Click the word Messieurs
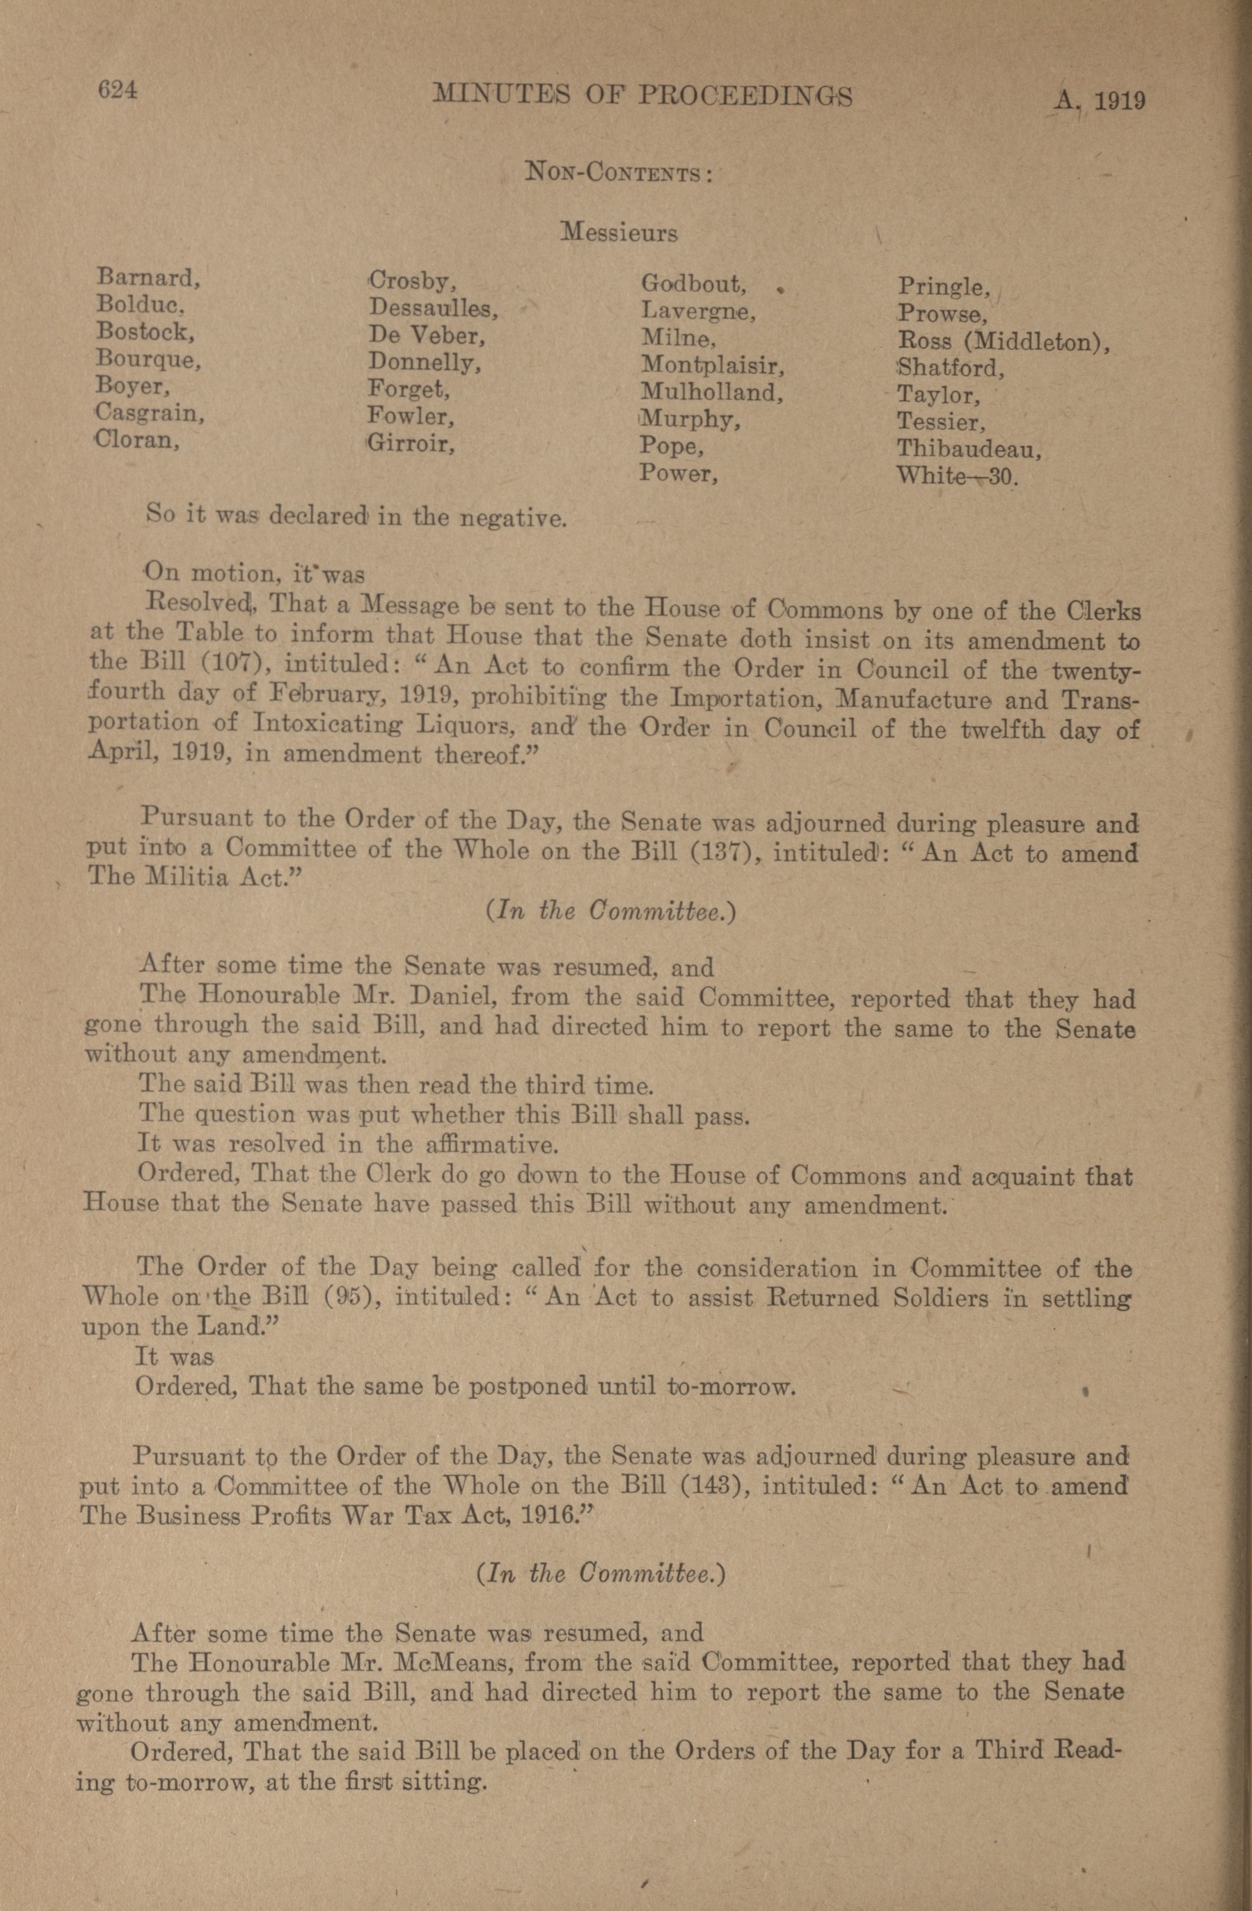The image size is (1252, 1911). coord(619,233)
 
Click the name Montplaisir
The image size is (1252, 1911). coord(711,366)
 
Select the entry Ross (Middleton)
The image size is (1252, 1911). coord(1003,342)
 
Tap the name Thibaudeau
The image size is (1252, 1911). coord(969,449)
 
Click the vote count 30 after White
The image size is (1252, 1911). coord(1003,477)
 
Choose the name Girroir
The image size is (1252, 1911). coord(411,443)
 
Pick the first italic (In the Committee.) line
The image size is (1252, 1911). coord(610,911)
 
